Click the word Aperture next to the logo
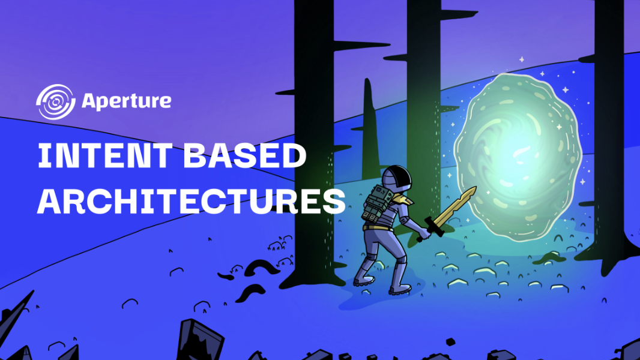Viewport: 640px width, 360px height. pyautogui.click(x=125, y=101)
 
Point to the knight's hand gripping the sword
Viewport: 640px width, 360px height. pyautogui.click(x=425, y=230)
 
